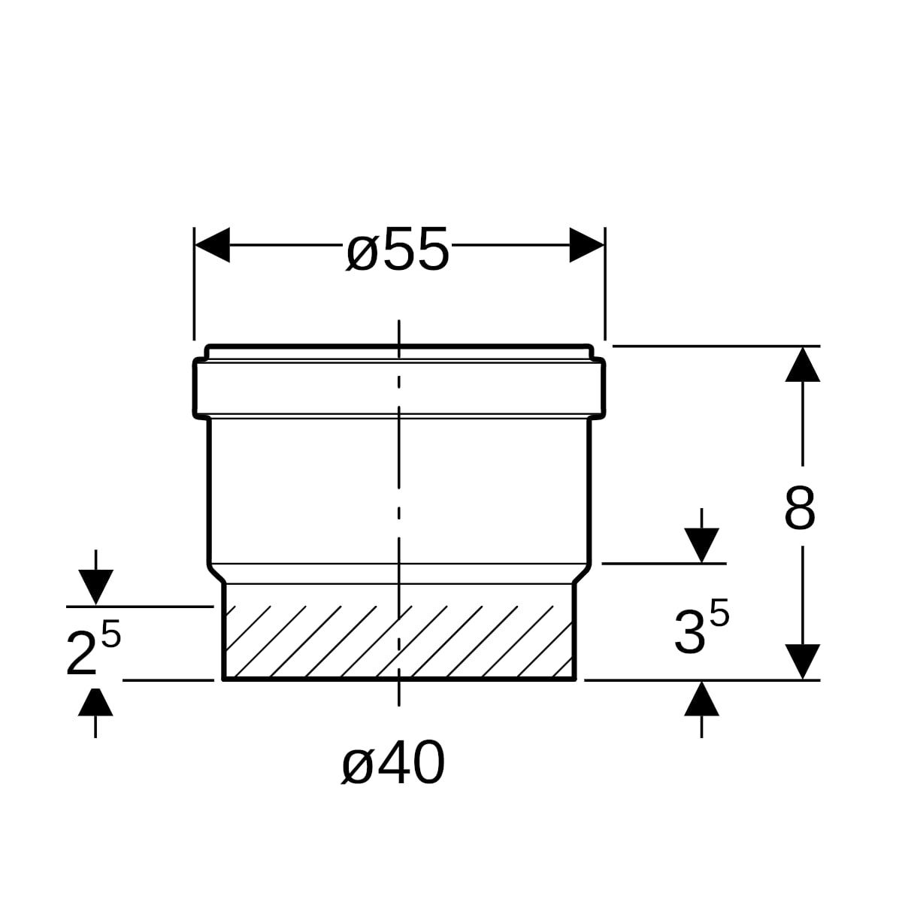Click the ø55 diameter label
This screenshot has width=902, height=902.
398,249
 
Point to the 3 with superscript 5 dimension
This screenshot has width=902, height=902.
701,628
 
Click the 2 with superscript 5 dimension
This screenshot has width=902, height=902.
93,648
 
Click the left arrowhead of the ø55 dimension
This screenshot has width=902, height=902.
212,245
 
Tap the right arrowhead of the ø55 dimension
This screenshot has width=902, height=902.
587,245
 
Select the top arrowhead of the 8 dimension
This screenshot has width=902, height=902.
803,364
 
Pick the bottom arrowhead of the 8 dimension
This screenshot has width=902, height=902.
803,662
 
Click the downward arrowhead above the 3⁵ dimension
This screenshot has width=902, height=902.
701,545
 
